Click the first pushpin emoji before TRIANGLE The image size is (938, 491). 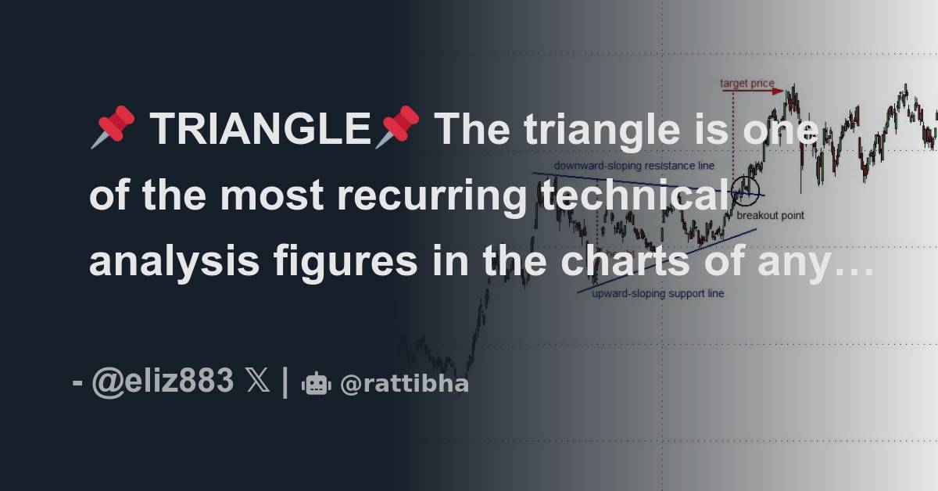[113, 128]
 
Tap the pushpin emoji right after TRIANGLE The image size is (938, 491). [396, 128]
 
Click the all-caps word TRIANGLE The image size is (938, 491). [260, 129]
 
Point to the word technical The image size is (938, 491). [634, 196]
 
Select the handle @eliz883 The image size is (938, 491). [162, 382]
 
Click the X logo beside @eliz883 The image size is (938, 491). [257, 382]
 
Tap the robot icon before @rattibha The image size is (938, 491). [317, 384]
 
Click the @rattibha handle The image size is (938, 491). [404, 384]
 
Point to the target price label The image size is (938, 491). [746, 83]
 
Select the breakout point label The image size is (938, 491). [770, 215]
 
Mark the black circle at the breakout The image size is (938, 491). [746, 188]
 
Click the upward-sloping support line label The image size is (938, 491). [657, 294]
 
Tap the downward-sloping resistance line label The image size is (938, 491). [634, 166]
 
